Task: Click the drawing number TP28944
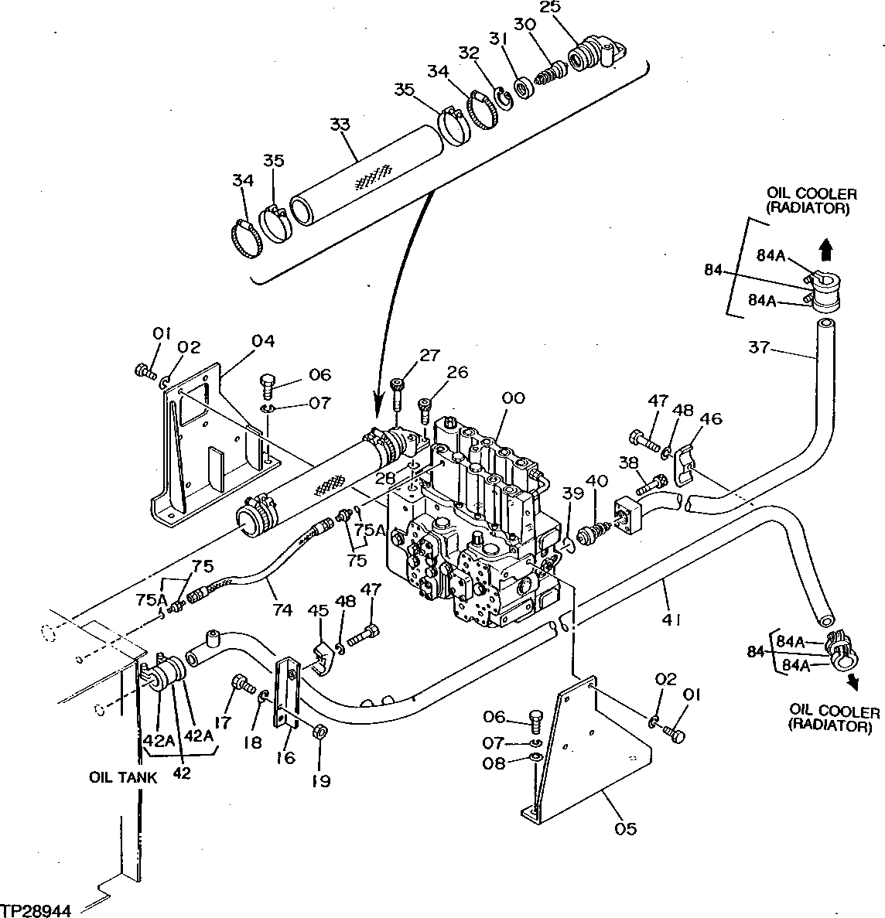pyautogui.click(x=36, y=910)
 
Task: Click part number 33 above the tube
pyautogui.click(x=340, y=125)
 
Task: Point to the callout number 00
pyautogui.click(x=513, y=398)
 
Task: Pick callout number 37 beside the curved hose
pyautogui.click(x=759, y=348)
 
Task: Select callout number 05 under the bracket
pyautogui.click(x=626, y=828)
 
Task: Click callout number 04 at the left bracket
pyautogui.click(x=263, y=341)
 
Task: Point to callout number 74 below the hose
pyautogui.click(x=282, y=609)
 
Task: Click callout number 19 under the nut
pyautogui.click(x=320, y=781)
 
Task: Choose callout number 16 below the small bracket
pyautogui.click(x=285, y=757)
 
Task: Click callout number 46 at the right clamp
pyautogui.click(x=710, y=420)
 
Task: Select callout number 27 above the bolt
pyautogui.click(x=429, y=355)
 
